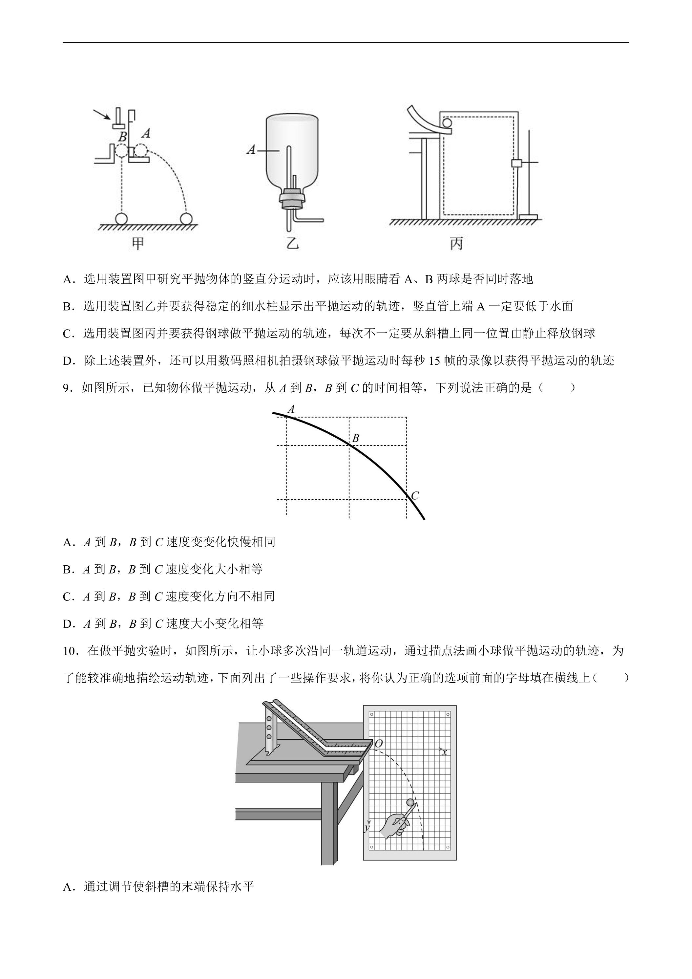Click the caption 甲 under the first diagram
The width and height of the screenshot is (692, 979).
coord(137,244)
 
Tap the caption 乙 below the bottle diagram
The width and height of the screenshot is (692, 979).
coord(292,244)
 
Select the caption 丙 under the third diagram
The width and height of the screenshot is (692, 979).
coord(456,244)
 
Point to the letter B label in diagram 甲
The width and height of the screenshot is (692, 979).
coord(122,137)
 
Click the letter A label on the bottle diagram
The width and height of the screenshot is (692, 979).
coord(251,150)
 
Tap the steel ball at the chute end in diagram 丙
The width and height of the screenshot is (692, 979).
coord(447,123)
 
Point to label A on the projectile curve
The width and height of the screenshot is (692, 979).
coord(291,409)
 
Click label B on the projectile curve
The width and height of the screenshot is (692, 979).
coord(355,438)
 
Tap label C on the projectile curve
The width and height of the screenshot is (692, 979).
coord(415,495)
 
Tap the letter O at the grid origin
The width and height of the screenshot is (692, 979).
coord(378,744)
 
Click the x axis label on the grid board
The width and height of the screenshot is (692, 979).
coord(444,752)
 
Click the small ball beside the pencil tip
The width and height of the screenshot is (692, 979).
coord(411,802)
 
